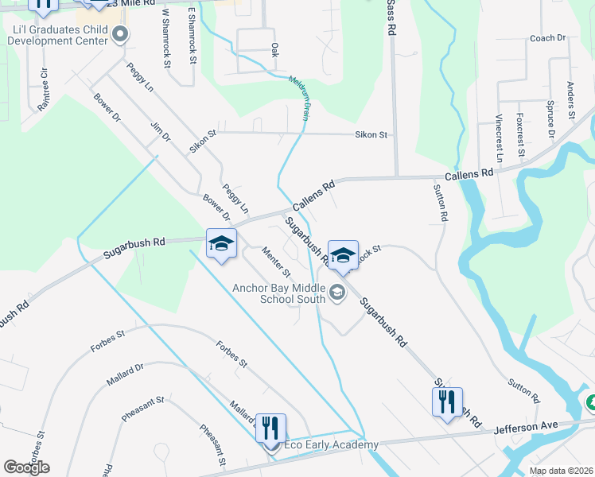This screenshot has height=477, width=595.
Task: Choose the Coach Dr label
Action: [546, 37]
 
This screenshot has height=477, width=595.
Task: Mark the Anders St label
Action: [570, 100]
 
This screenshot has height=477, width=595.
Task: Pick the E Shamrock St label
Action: [192, 35]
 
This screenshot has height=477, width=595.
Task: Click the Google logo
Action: [26, 467]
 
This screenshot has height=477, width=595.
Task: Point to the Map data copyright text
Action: [561, 471]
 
